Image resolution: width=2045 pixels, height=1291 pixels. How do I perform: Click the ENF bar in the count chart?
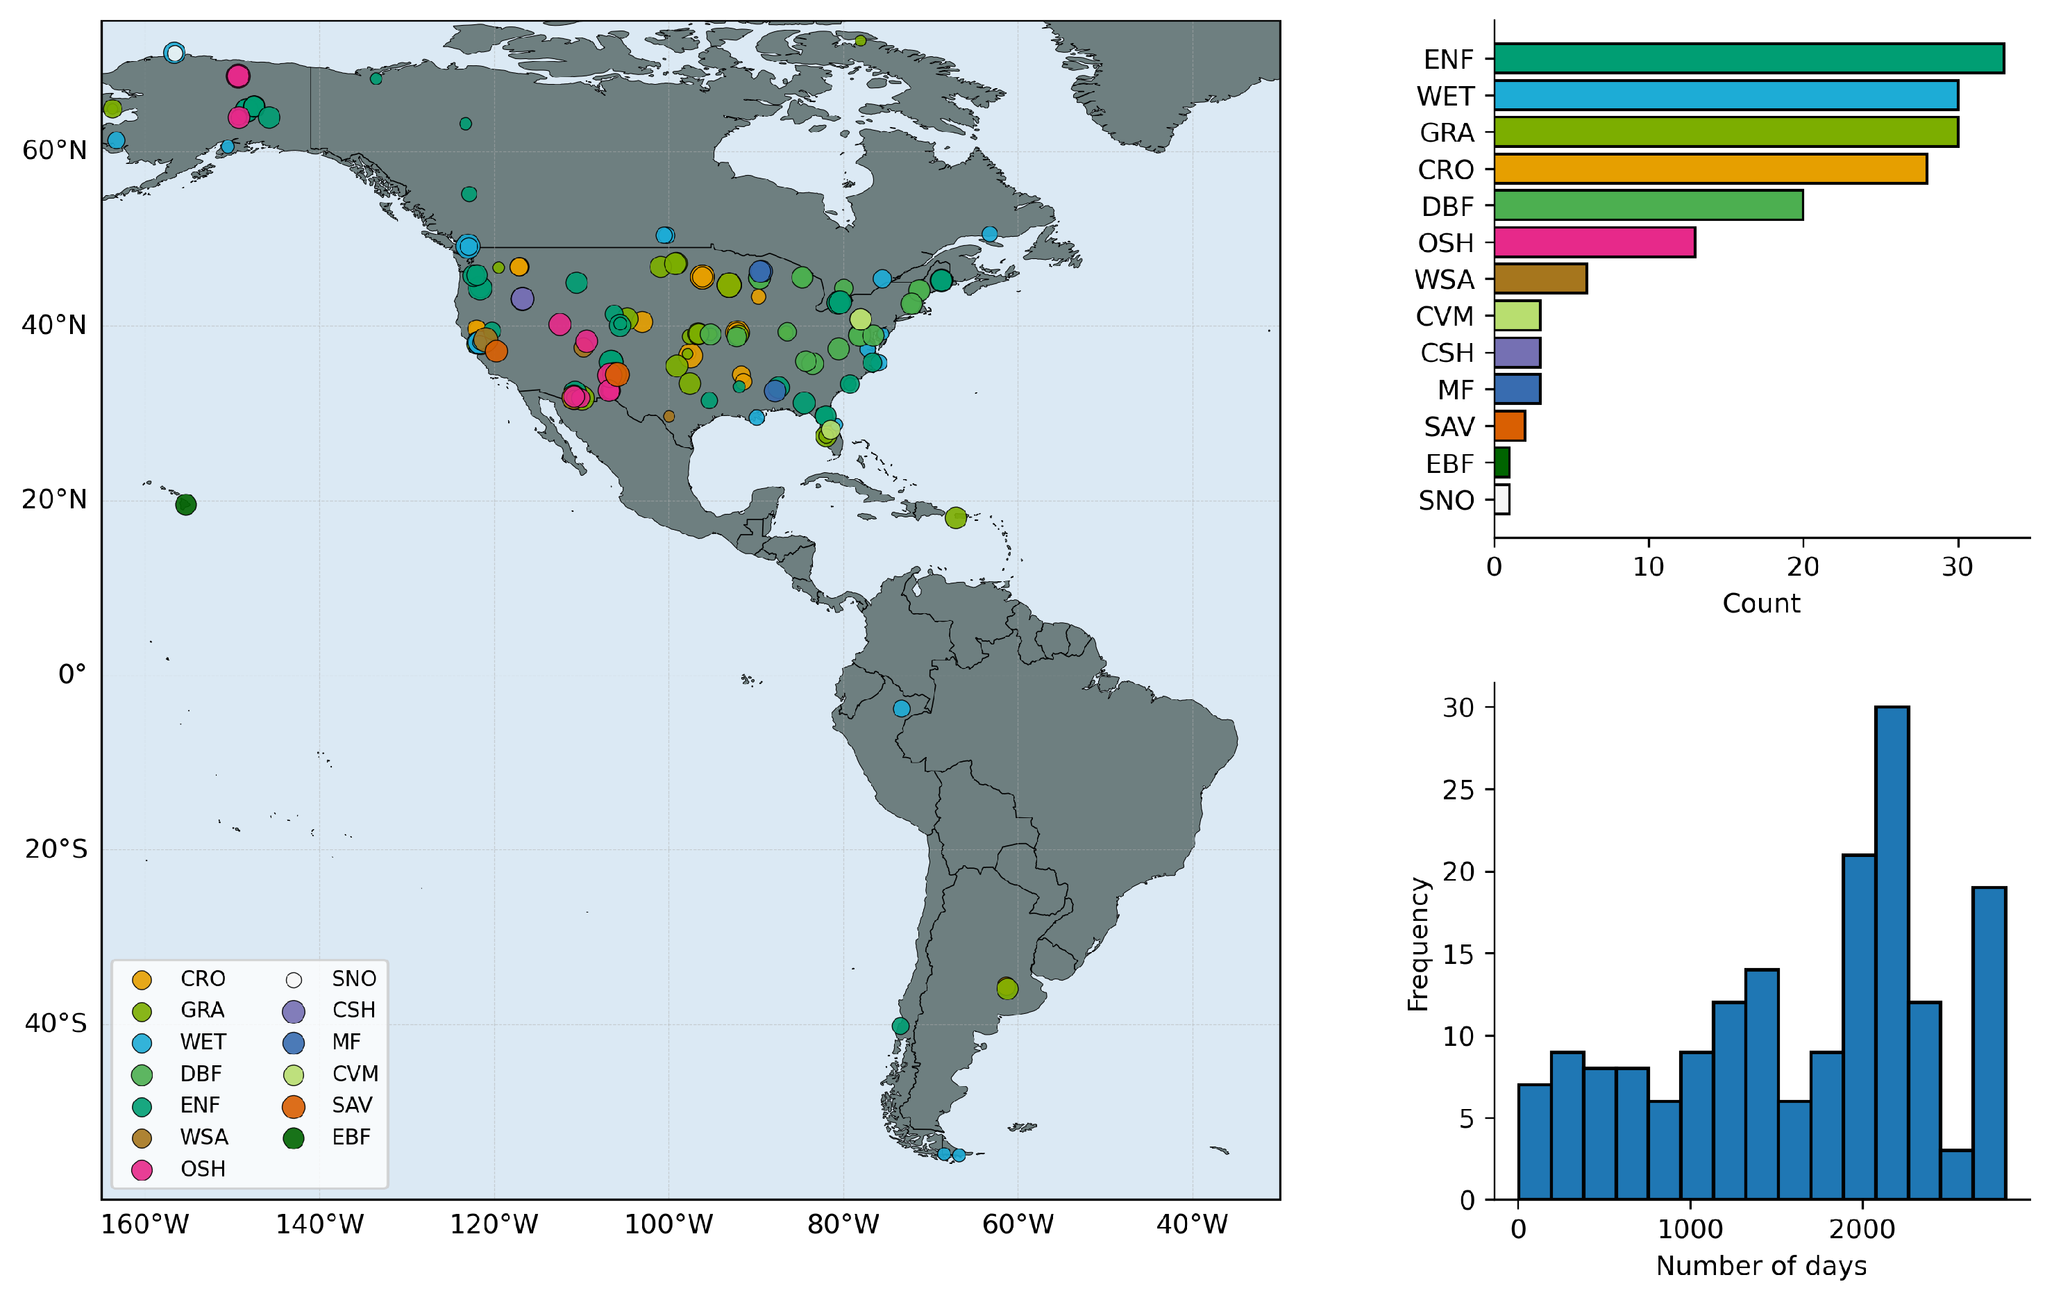point(1749,58)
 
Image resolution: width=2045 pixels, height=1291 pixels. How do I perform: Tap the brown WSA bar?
point(1540,278)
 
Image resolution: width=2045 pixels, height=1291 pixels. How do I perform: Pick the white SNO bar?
point(1502,499)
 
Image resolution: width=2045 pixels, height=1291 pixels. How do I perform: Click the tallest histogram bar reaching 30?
point(1892,953)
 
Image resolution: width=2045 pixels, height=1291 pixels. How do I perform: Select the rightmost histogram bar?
point(1989,1043)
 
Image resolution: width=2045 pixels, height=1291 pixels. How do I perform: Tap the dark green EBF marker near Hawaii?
point(186,504)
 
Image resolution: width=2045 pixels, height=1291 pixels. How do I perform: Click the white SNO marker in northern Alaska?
point(175,53)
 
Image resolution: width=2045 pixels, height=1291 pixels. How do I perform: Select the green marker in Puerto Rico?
point(955,517)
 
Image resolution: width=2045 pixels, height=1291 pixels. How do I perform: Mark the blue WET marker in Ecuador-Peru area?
point(902,708)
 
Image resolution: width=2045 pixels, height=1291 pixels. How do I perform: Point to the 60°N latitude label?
point(54,150)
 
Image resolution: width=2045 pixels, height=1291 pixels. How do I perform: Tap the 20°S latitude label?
point(56,849)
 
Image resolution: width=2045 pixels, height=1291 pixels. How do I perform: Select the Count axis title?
point(1761,603)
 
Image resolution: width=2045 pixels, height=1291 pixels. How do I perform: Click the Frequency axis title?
point(1418,944)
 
